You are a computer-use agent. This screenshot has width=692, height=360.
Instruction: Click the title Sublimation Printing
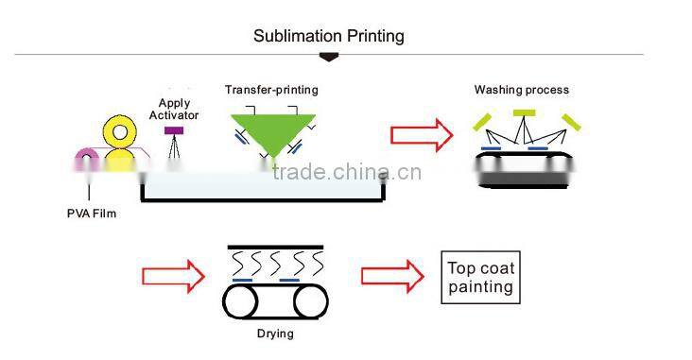click(328, 36)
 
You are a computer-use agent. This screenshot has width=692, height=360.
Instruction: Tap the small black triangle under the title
click(329, 58)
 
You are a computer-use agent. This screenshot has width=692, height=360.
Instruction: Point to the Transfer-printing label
click(271, 90)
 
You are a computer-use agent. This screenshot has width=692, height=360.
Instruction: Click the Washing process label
click(521, 91)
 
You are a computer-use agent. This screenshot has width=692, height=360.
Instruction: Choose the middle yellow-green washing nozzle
click(523, 114)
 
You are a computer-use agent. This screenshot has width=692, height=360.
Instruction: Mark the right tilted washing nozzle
click(569, 121)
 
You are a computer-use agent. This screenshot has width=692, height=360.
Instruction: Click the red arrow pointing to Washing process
click(422, 133)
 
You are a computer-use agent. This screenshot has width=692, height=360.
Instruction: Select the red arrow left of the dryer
click(173, 276)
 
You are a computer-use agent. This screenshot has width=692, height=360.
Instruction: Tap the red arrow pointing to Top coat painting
click(392, 276)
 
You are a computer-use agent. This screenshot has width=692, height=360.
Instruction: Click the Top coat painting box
click(480, 277)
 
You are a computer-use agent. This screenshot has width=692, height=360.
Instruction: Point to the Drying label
click(275, 334)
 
